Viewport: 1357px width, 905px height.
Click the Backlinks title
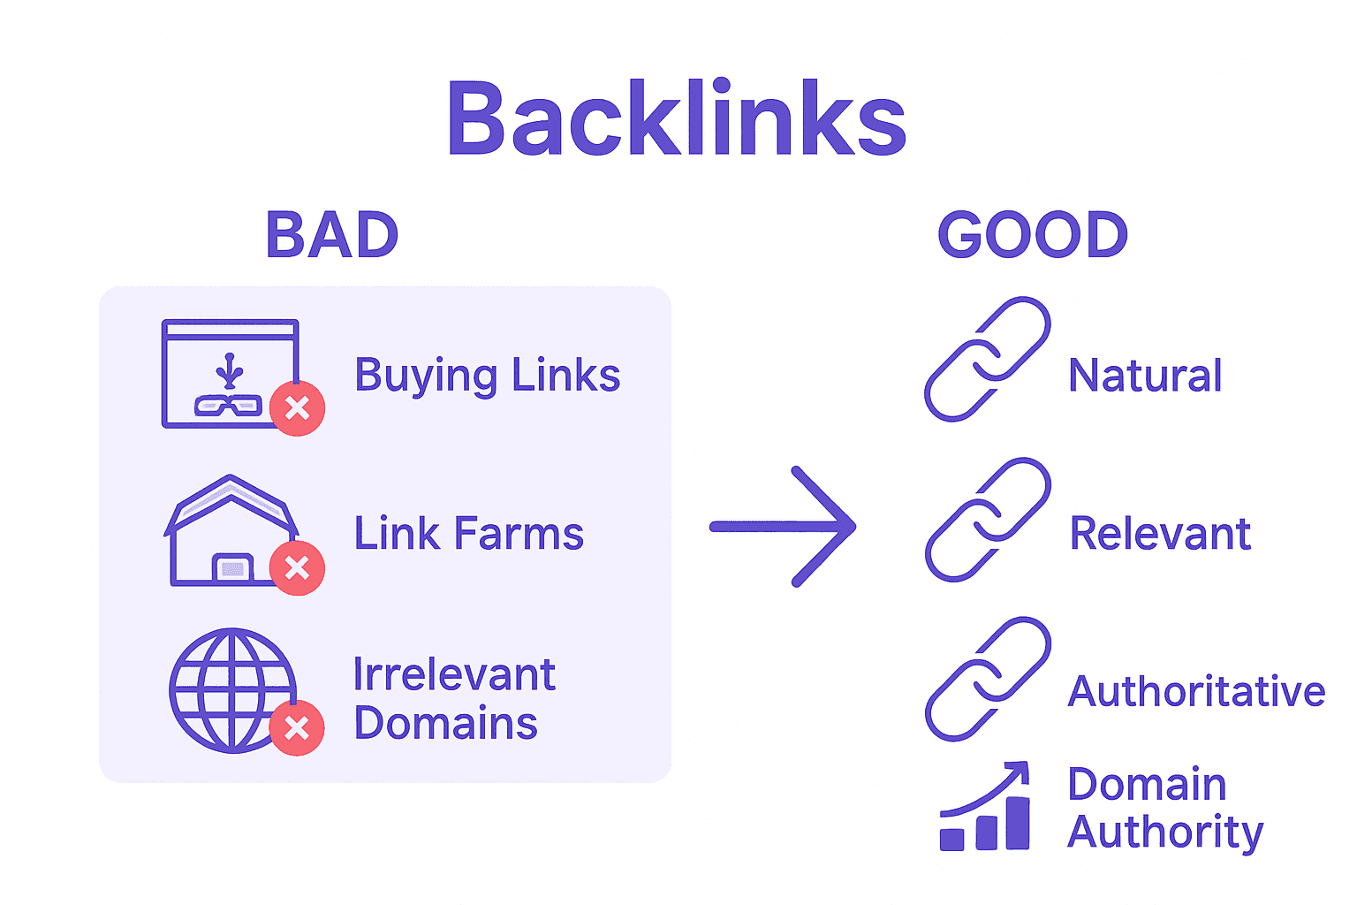(677, 119)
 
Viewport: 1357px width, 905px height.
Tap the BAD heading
(332, 235)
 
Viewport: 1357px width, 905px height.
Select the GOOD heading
(1033, 235)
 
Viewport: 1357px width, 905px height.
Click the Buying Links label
(487, 376)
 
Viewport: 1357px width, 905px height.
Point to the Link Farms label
(468, 534)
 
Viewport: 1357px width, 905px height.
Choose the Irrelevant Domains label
(453, 699)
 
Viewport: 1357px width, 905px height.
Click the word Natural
(1145, 376)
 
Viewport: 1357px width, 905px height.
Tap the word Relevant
(1160, 534)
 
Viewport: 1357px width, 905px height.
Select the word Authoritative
(1196, 691)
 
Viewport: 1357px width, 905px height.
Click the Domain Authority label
(1164, 808)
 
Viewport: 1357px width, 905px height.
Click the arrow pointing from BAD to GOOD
(784, 527)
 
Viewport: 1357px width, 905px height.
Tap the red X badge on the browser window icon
(298, 408)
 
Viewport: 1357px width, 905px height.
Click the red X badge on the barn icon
(298, 567)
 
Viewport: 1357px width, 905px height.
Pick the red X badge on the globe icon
(297, 727)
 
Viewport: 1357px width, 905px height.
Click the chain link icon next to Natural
(987, 360)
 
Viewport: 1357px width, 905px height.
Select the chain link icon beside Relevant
(987, 520)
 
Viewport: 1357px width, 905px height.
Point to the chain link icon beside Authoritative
(987, 679)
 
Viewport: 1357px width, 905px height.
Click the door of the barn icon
(232, 568)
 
